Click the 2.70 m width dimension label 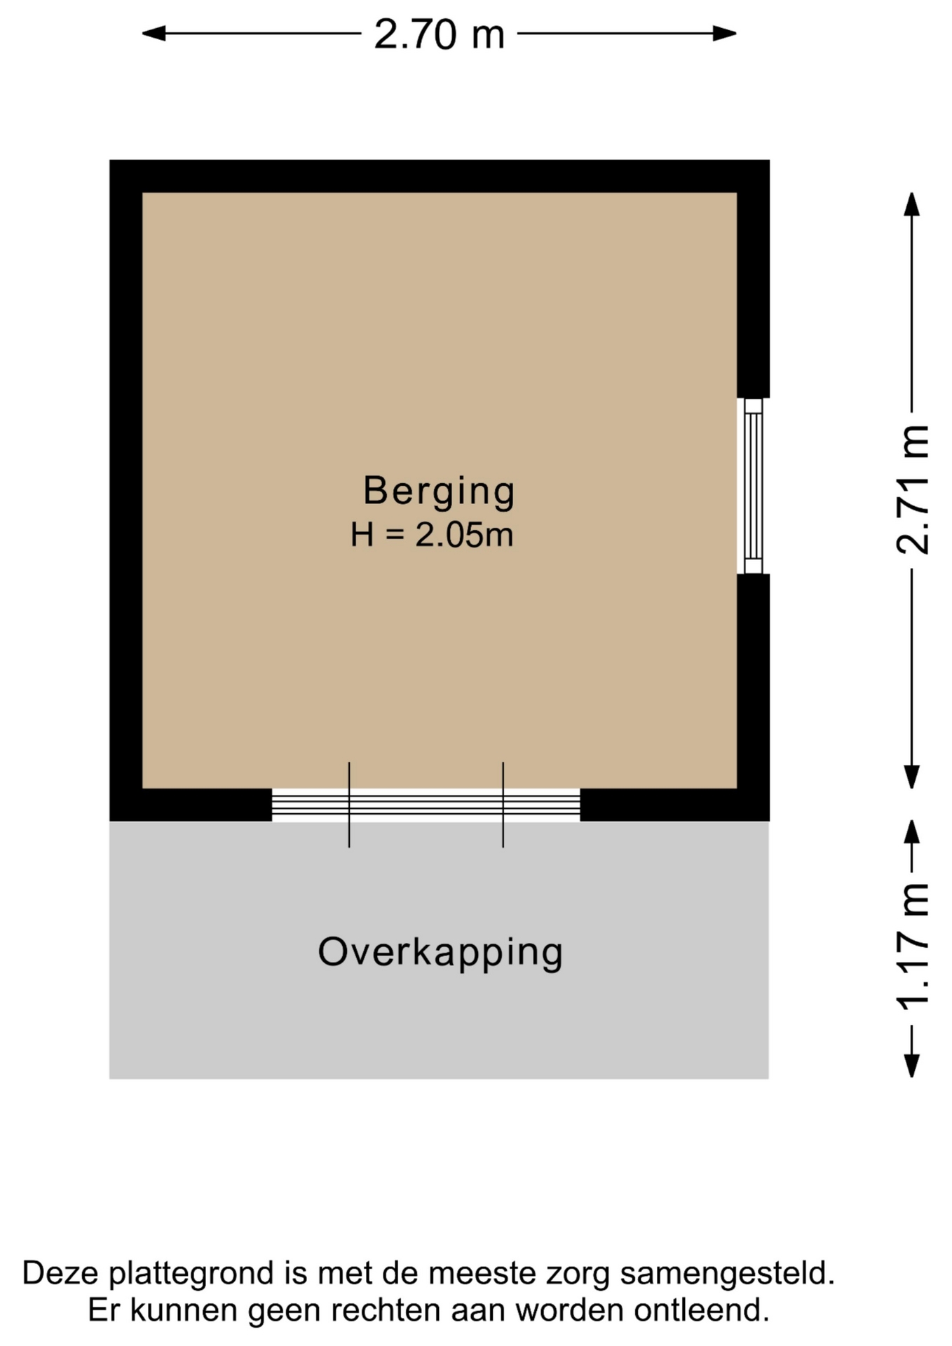[439, 34]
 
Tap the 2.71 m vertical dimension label [912, 489]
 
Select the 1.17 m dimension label [912, 947]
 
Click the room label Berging [439, 491]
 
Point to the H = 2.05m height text [432, 535]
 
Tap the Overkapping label [440, 953]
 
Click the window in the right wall [753, 486]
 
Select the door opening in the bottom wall [426, 805]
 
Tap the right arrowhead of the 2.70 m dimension [725, 33]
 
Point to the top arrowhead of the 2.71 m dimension [911, 204]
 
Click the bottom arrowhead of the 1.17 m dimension [911, 1066]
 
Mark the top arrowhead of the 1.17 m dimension [911, 832]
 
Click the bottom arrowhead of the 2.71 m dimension [911, 777]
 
